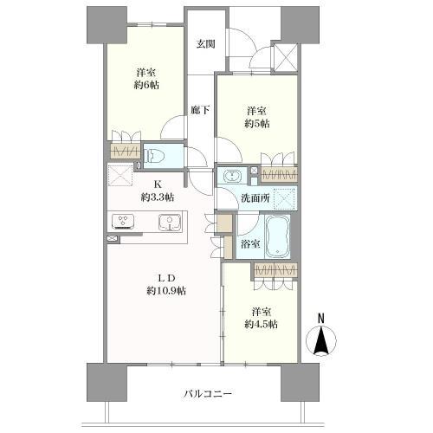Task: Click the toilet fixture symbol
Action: coord(154,157)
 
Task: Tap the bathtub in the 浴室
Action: coord(277,236)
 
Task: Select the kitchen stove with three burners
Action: coord(124,222)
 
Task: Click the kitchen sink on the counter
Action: coord(170,223)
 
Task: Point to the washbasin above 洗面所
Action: coord(232,176)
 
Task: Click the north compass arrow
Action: coord(321,340)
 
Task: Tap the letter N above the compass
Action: coord(321,319)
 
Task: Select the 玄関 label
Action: coord(206,44)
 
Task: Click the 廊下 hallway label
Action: coord(200,110)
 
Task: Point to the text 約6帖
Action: coord(146,85)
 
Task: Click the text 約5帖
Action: coord(257,124)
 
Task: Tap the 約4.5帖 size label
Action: coord(262,325)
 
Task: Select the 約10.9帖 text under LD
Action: coord(166,291)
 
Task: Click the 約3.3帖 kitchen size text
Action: coord(158,197)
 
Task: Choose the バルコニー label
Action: coord(208,394)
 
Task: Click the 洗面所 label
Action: coord(255,198)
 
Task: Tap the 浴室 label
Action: coord(250,244)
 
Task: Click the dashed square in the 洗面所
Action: coord(284,198)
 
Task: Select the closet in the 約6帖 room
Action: coord(126,151)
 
